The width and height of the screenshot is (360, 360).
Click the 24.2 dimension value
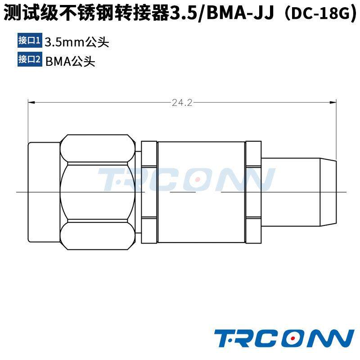pyautogui.click(x=182, y=103)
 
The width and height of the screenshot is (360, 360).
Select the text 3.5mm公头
pyautogui.click(x=77, y=42)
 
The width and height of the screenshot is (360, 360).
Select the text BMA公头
pyautogui.click(x=70, y=61)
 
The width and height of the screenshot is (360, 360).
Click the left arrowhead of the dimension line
pyautogui.click(x=31, y=103)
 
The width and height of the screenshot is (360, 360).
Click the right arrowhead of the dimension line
pyautogui.click(x=333, y=103)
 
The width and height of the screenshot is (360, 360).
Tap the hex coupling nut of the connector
pyautogui.click(x=98, y=192)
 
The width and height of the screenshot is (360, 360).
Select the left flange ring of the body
pyautogui.click(x=149, y=192)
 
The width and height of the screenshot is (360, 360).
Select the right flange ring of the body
pyautogui.click(x=253, y=192)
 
